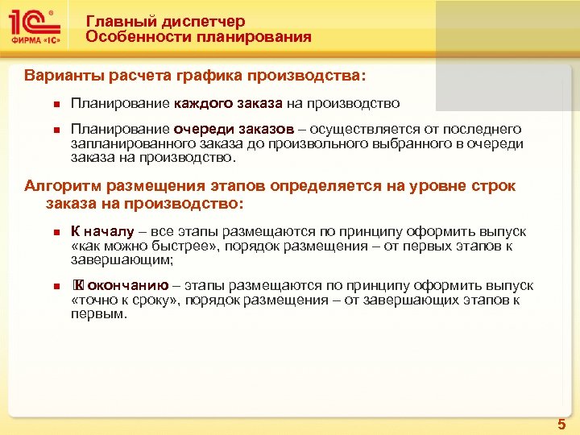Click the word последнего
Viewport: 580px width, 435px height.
[486, 129]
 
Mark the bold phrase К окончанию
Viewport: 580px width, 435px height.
[121, 285]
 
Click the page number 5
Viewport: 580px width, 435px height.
[561, 424]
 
